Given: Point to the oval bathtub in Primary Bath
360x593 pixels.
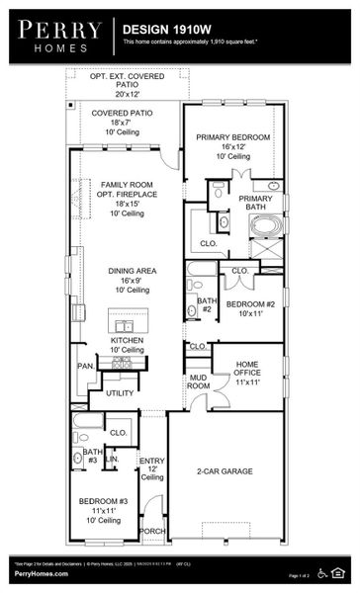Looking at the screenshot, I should pyautogui.click(x=265, y=224).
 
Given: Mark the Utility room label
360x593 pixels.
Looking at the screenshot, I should pyautogui.click(x=120, y=393).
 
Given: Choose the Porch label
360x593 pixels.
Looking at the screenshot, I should pyautogui.click(x=153, y=531).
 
